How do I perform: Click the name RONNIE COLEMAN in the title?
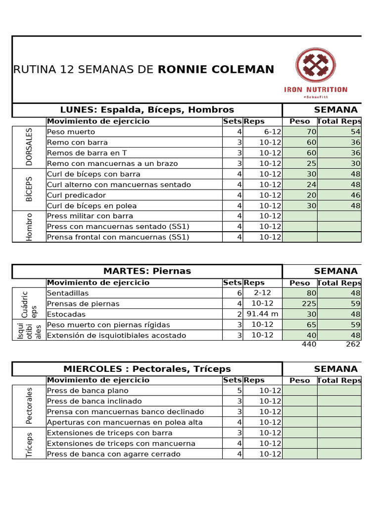click(x=216, y=70)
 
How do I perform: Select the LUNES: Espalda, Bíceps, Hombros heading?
click(x=147, y=110)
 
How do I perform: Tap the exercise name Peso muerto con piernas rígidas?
click(x=108, y=325)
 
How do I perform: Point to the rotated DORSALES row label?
click(x=29, y=147)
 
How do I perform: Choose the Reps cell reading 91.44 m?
click(x=263, y=314)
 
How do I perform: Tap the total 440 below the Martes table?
click(x=309, y=344)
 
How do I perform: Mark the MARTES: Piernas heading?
click(x=147, y=271)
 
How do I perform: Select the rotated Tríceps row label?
click(x=29, y=444)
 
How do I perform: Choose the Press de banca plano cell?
click(x=88, y=391)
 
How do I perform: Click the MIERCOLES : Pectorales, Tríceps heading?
click(x=147, y=369)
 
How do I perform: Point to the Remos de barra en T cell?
click(x=87, y=153)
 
